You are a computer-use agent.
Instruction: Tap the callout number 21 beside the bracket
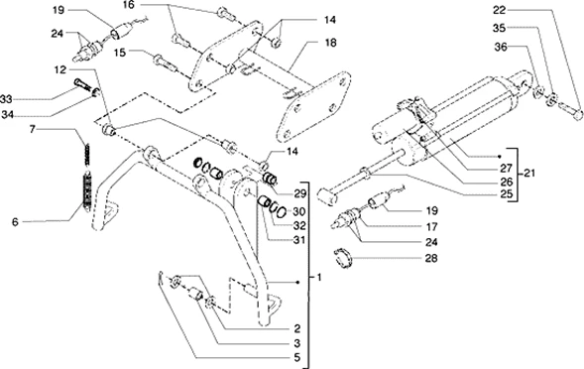coord(528,174)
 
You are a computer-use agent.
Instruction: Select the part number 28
coord(431,258)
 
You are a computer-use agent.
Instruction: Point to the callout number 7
coord(33,129)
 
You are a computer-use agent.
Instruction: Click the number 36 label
coord(501,48)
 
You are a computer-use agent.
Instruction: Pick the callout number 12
coord(59,70)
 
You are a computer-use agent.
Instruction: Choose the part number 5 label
coord(296,358)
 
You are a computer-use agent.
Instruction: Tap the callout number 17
coord(431,226)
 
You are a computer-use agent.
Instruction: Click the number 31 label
coord(299,240)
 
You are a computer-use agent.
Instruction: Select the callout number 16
coord(129,5)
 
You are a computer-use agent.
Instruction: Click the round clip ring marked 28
coord(343,258)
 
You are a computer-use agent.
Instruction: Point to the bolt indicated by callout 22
coord(570,111)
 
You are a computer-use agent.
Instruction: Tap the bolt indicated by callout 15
coord(164,61)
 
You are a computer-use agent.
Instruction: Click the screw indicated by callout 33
coord(82,84)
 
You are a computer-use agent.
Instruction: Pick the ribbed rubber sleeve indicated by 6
coord(87,190)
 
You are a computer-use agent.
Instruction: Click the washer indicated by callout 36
coord(537,91)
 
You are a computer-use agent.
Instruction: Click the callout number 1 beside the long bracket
coord(318,278)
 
